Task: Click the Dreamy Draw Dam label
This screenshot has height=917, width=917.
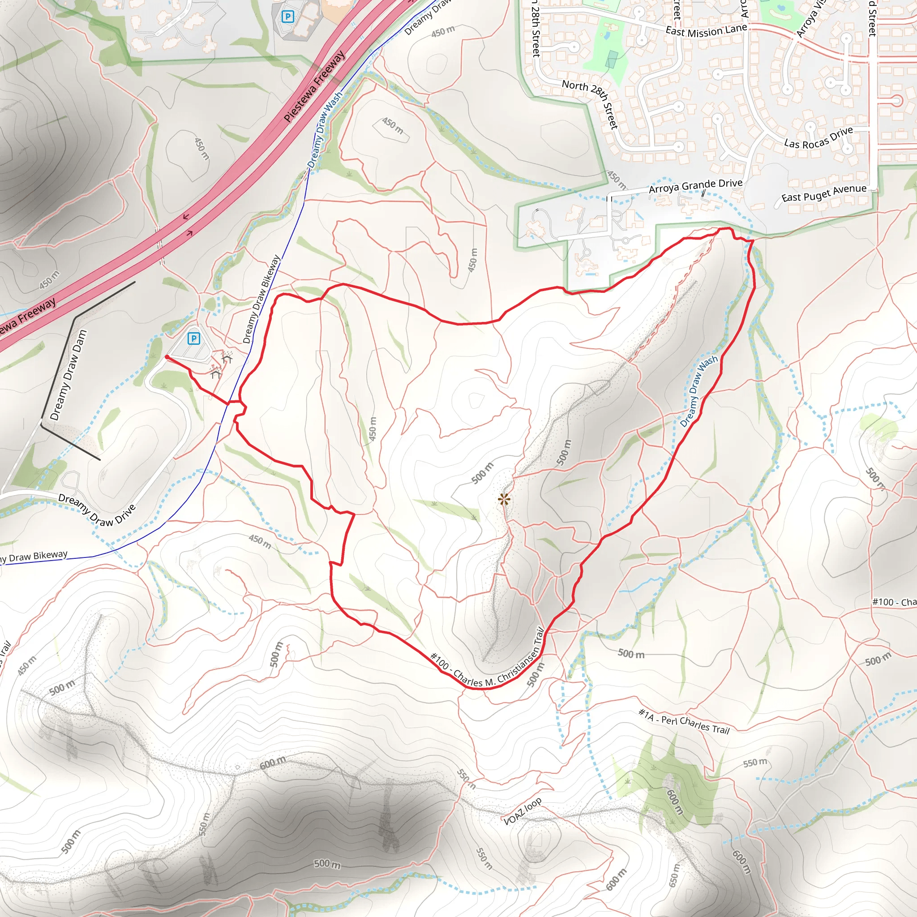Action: click(x=69, y=375)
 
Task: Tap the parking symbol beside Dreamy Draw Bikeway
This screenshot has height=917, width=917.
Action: click(x=193, y=339)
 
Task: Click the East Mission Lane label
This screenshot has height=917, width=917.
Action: click(x=706, y=31)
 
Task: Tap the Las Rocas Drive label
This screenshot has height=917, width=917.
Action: click(x=818, y=137)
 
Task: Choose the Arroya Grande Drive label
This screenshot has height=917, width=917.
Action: click(x=695, y=185)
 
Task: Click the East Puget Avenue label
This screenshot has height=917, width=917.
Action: click(x=824, y=193)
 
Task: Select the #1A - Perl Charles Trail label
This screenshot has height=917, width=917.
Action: click(x=684, y=721)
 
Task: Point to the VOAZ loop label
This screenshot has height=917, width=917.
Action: click(x=522, y=811)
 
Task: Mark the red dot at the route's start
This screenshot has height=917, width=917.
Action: click(x=167, y=357)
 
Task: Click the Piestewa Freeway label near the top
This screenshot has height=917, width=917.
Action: click(x=315, y=87)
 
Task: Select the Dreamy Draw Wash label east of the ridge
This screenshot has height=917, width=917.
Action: click(x=698, y=392)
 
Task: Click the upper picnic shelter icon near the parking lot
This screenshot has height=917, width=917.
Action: click(x=227, y=357)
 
